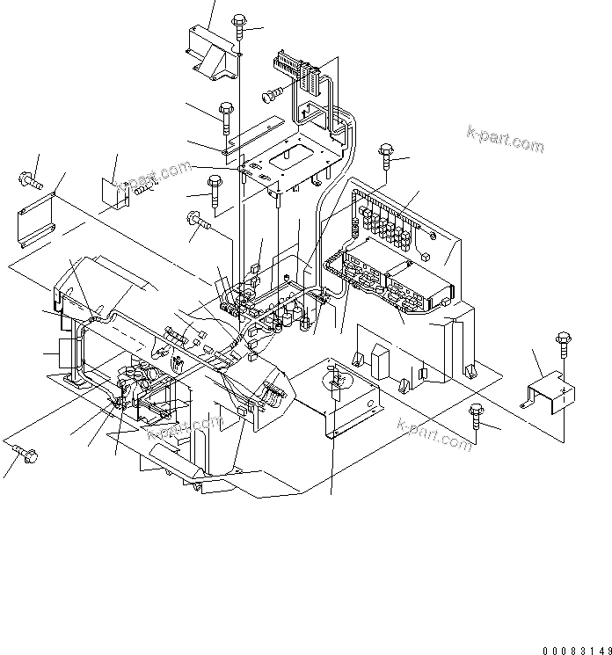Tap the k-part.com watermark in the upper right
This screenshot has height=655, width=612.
coord(505,139)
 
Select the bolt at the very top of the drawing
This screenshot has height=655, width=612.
coord(239,26)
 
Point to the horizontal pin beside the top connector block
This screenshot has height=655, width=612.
coord(272,91)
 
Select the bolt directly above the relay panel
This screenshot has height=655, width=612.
coord(387,159)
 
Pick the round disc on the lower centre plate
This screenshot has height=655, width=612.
coord(335,382)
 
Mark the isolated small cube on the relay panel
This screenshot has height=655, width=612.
coord(426,258)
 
